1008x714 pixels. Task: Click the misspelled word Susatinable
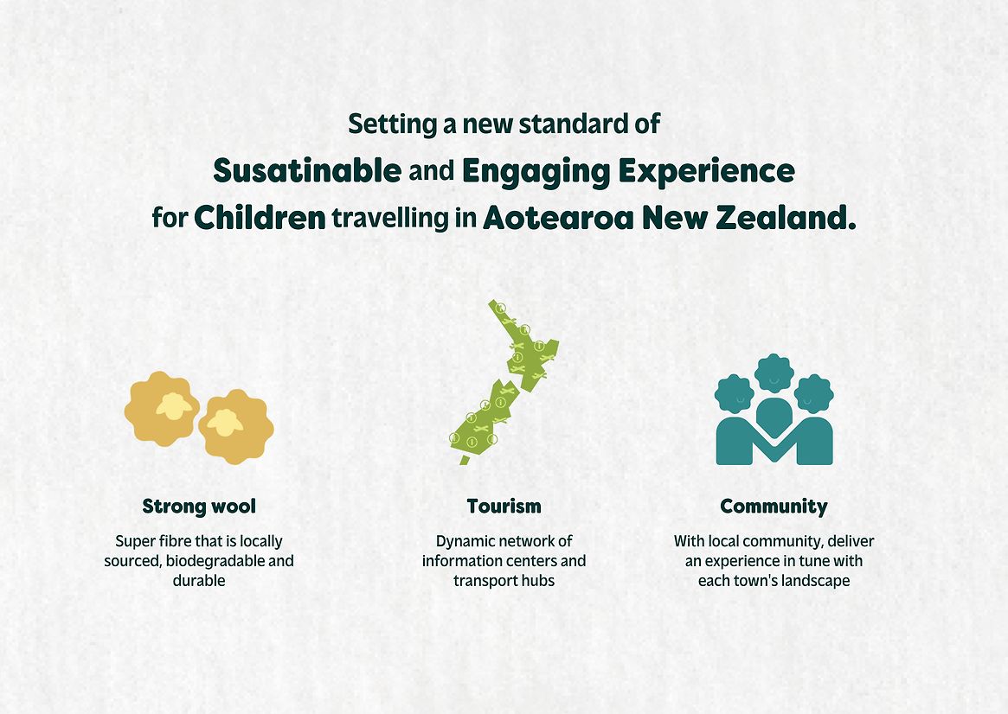pyautogui.click(x=307, y=171)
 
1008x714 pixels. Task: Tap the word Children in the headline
pyautogui.click(x=260, y=219)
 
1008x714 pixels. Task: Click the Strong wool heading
pyautogui.click(x=199, y=507)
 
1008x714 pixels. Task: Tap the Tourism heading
pyautogui.click(x=504, y=506)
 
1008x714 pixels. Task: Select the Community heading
pyautogui.click(x=774, y=507)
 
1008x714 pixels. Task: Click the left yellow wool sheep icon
pyautogui.click(x=161, y=408)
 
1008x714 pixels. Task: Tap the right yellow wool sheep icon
pyautogui.click(x=236, y=427)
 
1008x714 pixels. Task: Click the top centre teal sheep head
pyautogui.click(x=774, y=373)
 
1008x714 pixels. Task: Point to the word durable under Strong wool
pyautogui.click(x=199, y=580)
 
